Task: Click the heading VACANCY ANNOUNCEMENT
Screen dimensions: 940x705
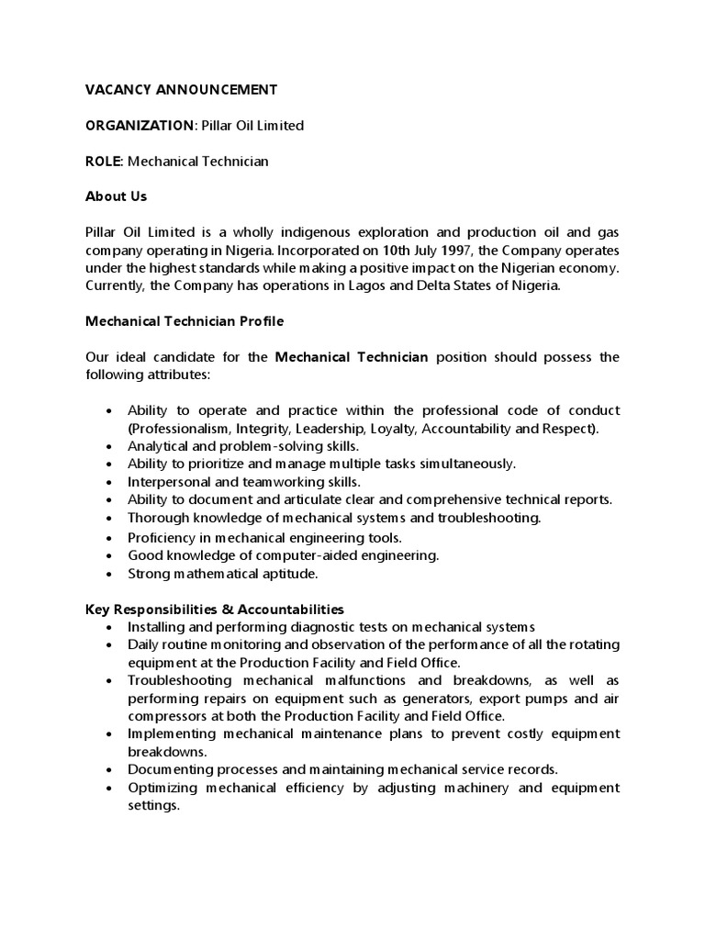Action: click(x=181, y=90)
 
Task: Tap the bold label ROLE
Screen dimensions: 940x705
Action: click(x=104, y=162)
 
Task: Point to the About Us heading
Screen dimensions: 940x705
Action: click(x=116, y=196)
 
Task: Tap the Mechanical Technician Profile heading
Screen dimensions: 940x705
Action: click(x=185, y=321)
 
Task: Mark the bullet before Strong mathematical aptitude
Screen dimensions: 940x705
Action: click(x=108, y=574)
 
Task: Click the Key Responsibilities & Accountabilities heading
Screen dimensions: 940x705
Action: click(x=215, y=609)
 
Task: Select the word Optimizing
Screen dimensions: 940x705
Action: click(x=162, y=788)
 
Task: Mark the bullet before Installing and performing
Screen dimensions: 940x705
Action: click(x=108, y=627)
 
